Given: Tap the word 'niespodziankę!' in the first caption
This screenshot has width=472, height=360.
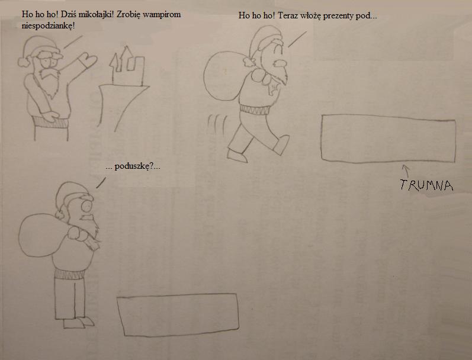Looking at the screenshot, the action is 48,26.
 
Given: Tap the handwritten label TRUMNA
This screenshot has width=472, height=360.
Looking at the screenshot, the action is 426,185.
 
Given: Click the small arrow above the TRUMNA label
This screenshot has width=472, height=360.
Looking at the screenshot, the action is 406,171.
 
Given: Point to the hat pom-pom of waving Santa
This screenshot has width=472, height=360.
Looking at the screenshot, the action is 24,62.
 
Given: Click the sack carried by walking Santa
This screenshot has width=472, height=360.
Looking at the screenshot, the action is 224,76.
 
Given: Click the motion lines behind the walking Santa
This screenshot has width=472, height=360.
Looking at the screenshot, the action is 217,124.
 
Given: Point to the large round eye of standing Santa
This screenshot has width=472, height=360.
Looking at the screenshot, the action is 86,207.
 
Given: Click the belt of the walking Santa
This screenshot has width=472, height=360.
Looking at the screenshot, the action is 255,110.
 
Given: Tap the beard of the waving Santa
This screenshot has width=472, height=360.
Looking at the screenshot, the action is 50,81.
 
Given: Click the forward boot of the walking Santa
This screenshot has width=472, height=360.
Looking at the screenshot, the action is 282,145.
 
